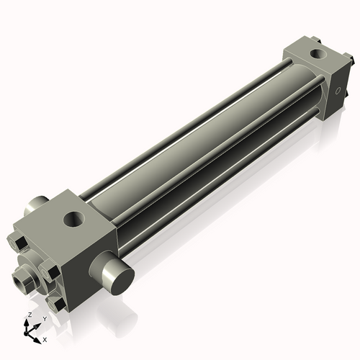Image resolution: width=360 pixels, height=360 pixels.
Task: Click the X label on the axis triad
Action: [45, 340]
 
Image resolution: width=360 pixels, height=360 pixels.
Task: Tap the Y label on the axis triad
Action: [45, 319]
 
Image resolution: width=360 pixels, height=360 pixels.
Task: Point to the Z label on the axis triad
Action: [30, 315]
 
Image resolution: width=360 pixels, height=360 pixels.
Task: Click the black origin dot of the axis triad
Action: [26, 333]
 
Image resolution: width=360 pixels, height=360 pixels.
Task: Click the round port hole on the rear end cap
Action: [318, 54]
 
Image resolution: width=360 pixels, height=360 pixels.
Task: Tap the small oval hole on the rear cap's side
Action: [338, 91]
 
